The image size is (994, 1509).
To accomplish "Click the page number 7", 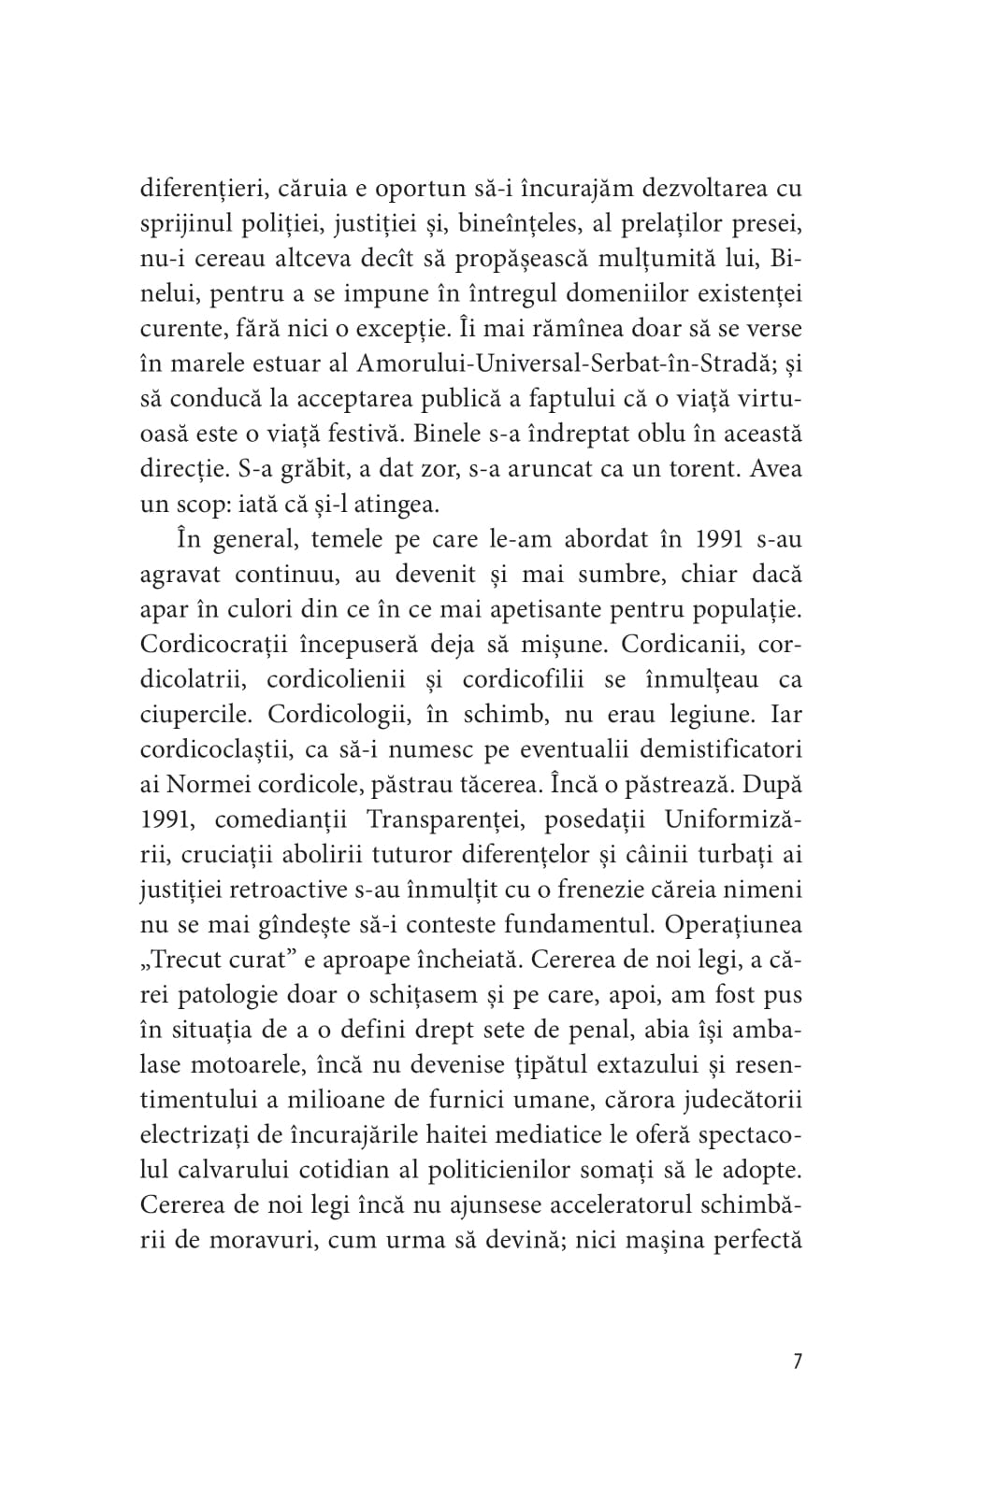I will click(x=797, y=1361).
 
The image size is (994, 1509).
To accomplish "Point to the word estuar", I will click(x=296, y=364).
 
